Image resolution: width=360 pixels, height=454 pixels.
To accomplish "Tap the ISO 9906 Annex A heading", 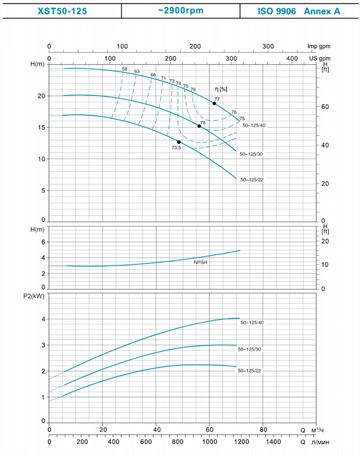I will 299,11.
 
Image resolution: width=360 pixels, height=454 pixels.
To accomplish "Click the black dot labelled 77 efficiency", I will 214,103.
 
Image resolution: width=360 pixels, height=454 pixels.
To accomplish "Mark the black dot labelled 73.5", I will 179,142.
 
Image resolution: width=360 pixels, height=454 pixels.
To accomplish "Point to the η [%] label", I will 221,90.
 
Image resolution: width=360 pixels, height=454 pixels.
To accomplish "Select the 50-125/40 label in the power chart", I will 252,323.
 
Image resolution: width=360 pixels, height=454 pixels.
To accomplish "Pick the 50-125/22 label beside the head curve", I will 252,180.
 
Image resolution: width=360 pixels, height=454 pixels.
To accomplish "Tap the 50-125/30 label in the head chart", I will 251,154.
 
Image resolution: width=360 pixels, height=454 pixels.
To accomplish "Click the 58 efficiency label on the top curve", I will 124,69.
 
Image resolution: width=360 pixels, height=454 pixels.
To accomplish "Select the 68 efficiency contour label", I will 153,75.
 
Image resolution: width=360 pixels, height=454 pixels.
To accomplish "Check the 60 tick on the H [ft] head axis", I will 325,107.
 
